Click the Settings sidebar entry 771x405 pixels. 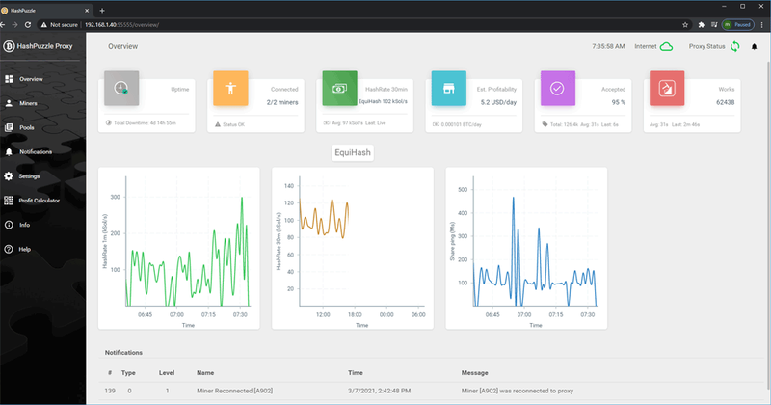coord(29,176)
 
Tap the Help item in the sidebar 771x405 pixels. coord(24,249)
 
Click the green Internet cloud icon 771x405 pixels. coord(666,46)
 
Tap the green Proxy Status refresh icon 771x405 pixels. coord(734,46)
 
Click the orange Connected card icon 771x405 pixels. coord(230,88)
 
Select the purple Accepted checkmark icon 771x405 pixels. coord(557,88)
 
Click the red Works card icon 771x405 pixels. coord(666,88)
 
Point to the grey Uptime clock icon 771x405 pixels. coord(121,88)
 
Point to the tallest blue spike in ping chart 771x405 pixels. coord(513,199)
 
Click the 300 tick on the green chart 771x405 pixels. coord(116,197)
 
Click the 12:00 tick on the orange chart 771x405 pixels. coord(323,313)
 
